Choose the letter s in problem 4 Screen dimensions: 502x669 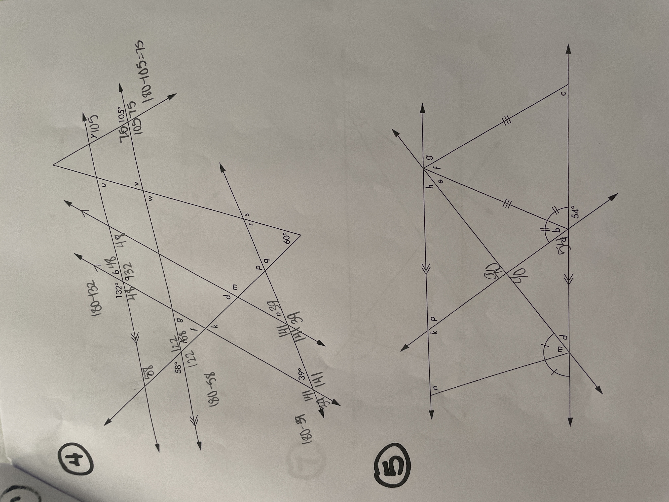[247, 214]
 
